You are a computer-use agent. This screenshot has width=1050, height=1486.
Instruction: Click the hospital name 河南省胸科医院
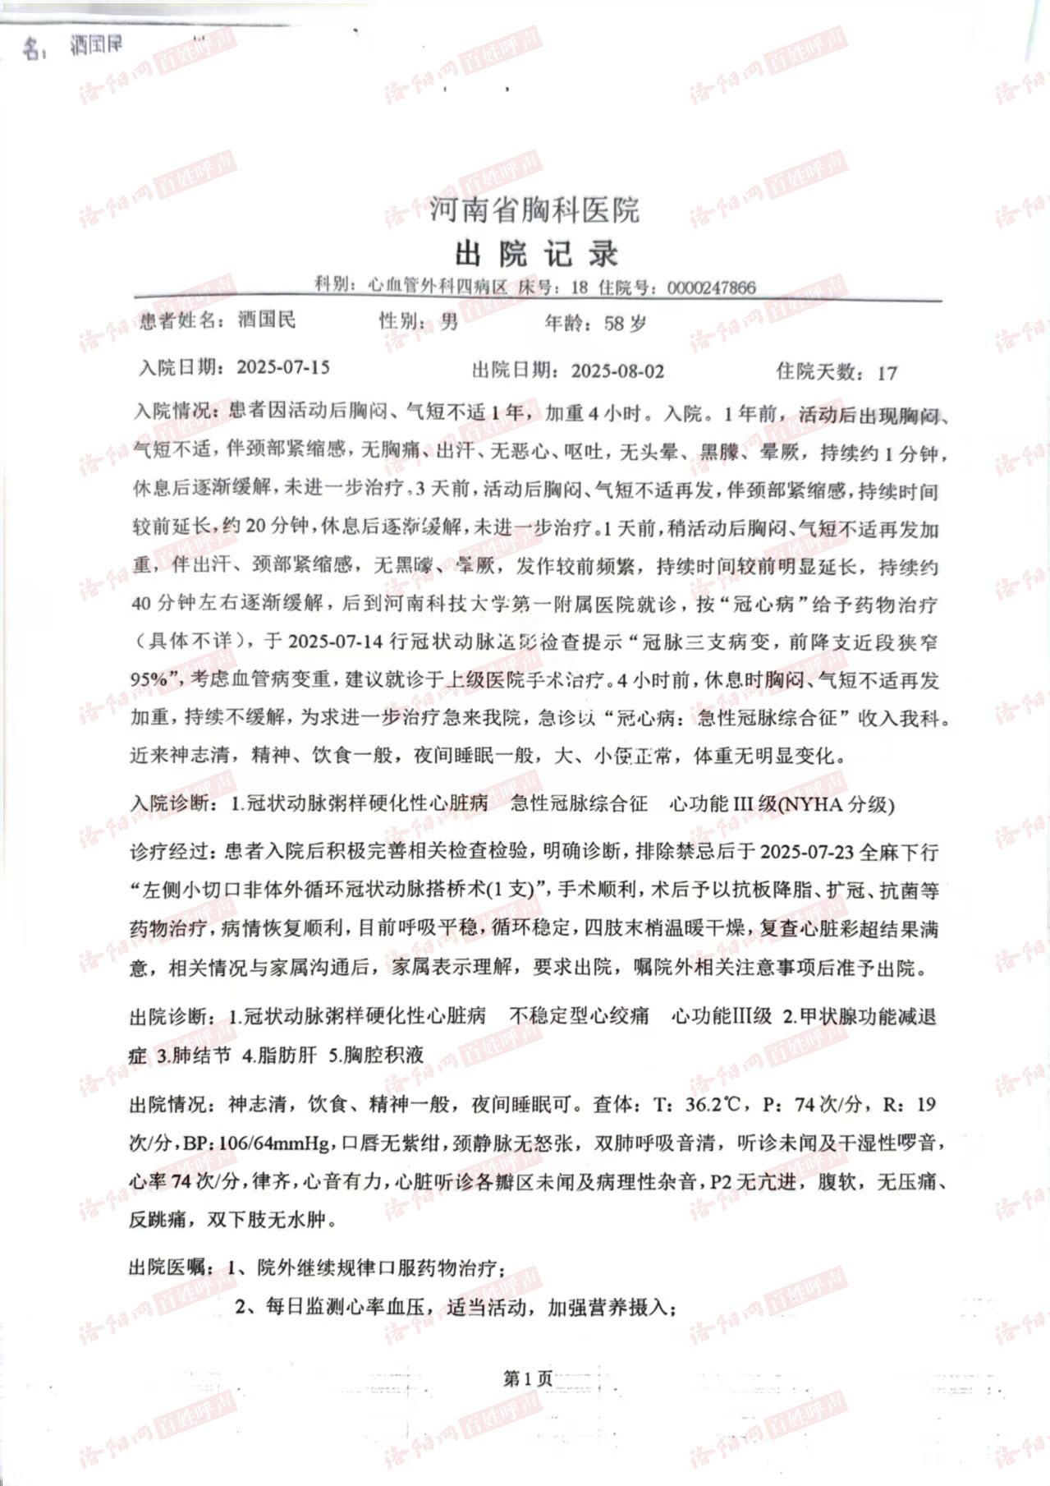(534, 209)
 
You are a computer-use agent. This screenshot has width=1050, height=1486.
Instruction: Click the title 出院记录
(536, 254)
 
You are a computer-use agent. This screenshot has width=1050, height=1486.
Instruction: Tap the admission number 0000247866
(711, 288)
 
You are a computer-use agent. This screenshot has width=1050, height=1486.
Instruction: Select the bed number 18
(579, 288)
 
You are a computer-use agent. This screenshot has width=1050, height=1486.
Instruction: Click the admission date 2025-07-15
(283, 367)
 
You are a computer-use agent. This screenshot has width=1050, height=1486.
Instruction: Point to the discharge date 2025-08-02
(617, 370)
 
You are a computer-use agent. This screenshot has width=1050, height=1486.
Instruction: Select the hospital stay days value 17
(887, 373)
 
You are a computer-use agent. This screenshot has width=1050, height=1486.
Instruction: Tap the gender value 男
(448, 321)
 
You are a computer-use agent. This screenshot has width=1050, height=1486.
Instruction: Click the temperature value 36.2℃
(715, 1105)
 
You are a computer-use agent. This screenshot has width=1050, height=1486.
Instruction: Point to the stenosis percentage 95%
(149, 679)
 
